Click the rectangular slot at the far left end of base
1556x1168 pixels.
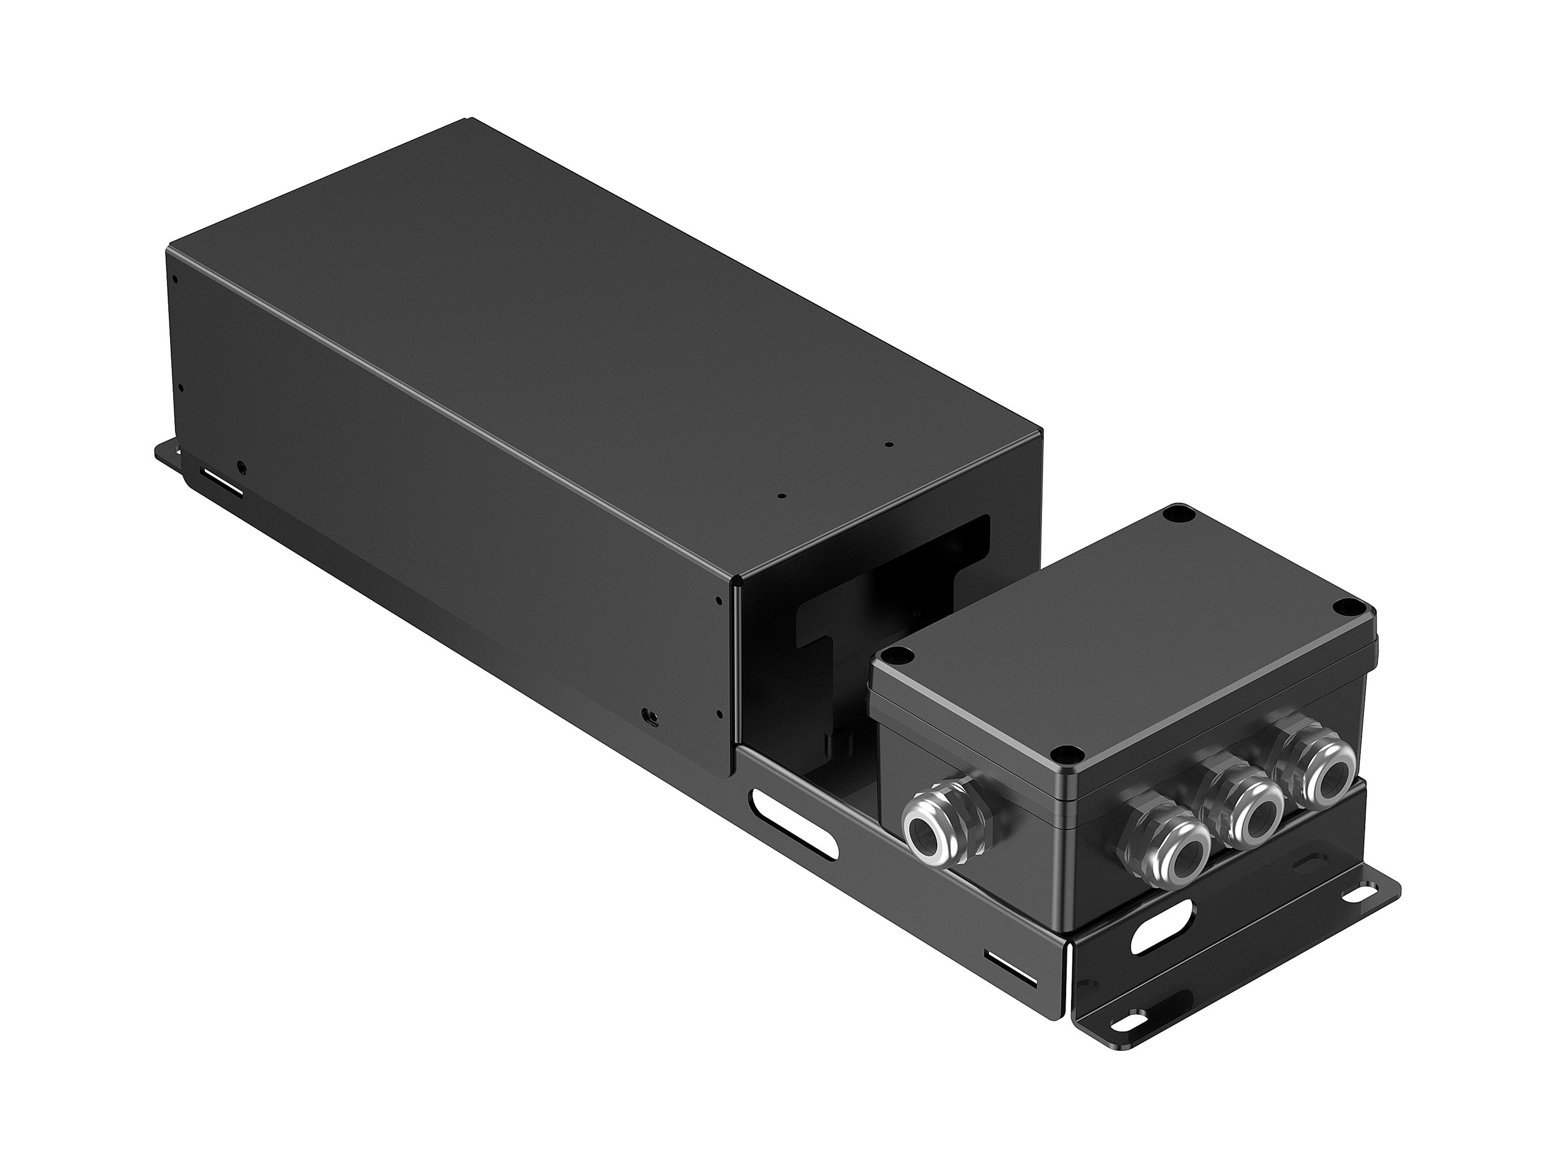[221, 483]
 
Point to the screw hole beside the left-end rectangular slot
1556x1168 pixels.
[242, 466]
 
